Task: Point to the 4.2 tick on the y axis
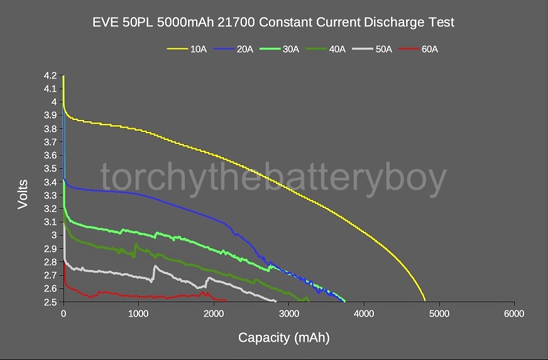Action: [50, 75]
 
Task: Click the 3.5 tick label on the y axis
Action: [50, 168]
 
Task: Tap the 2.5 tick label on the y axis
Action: [50, 302]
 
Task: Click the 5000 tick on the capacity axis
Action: [439, 313]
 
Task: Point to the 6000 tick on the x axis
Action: [514, 313]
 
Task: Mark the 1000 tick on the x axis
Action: [138, 313]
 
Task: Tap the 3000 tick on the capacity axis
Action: [288, 313]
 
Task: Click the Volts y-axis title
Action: [23, 194]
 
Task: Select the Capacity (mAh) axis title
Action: [283, 338]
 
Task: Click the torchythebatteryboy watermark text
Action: [273, 178]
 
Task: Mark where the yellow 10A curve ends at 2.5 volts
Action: [425, 301]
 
